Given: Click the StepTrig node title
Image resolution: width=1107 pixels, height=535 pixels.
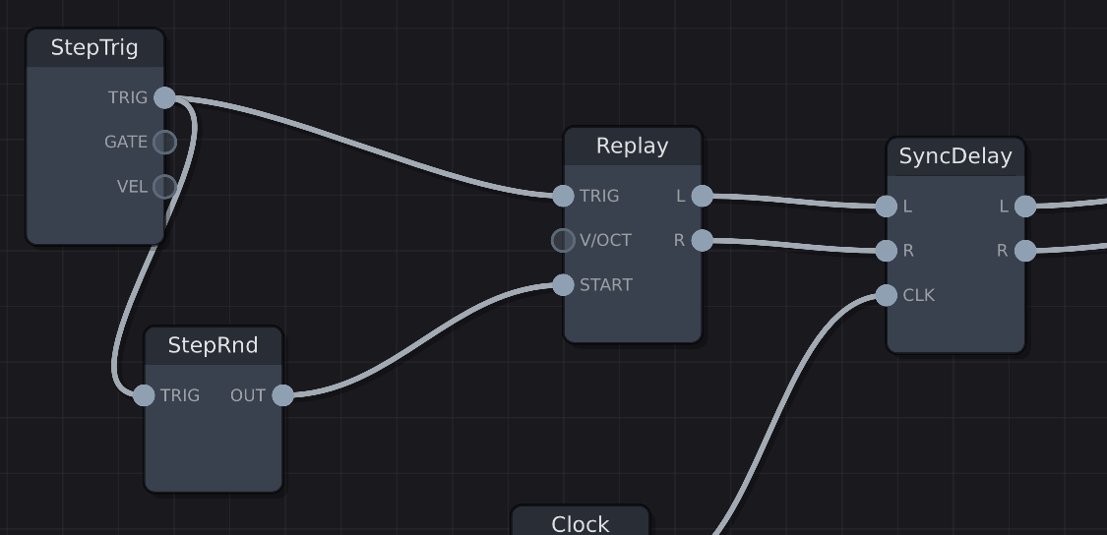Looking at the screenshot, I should pyautogui.click(x=94, y=47).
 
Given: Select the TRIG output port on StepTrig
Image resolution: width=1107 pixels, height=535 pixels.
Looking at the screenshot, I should pyautogui.click(x=165, y=97).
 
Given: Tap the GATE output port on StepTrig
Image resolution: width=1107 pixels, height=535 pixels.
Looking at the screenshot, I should pyautogui.click(x=165, y=142).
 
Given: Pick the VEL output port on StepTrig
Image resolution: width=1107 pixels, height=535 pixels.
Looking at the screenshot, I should pyautogui.click(x=165, y=186).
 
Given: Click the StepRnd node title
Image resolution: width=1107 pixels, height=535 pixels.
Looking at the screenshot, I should pyautogui.click(x=213, y=345).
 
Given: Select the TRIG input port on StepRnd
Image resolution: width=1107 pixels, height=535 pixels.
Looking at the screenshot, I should pyautogui.click(x=144, y=395).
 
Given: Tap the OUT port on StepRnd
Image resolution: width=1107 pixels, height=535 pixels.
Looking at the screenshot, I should pyautogui.click(x=282, y=395).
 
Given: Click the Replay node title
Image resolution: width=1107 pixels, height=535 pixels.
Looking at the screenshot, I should pyautogui.click(x=632, y=147).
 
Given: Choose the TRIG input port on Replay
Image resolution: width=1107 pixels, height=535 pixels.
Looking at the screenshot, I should pyautogui.click(x=563, y=196).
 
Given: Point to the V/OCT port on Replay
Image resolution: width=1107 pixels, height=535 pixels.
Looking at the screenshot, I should pyautogui.click(x=563, y=240).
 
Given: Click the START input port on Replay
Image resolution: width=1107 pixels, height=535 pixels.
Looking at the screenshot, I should pyautogui.click(x=563, y=285).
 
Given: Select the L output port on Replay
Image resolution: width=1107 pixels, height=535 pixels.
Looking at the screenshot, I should pyautogui.click(x=702, y=196).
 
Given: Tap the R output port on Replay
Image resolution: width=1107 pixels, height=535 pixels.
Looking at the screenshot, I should pyautogui.click(x=702, y=240).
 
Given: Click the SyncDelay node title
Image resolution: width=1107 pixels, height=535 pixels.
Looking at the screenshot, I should pyautogui.click(x=954, y=156).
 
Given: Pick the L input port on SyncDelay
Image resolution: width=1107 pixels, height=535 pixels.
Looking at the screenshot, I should pyautogui.click(x=887, y=207).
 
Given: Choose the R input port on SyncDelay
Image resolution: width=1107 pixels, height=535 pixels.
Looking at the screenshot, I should pyautogui.click(x=887, y=251).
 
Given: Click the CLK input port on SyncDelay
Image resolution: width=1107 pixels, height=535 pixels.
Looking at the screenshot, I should pyautogui.click(x=887, y=295).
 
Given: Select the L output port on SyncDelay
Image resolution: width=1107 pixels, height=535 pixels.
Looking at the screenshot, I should pyautogui.click(x=1025, y=207).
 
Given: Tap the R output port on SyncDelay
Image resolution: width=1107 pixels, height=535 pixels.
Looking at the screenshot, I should pyautogui.click(x=1025, y=251).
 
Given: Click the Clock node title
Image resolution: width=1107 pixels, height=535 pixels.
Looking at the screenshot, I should pyautogui.click(x=581, y=523).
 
